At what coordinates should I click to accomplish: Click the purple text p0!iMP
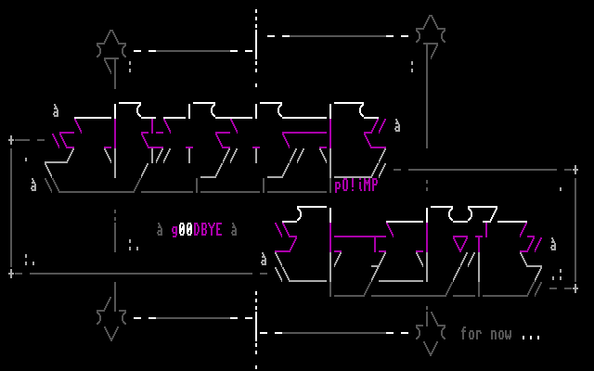coord(356,185)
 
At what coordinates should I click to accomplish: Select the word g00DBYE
coord(197,230)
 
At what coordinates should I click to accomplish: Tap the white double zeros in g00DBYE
coord(186,230)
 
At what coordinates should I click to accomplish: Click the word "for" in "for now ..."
coord(471,334)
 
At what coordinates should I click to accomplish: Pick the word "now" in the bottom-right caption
coord(500,334)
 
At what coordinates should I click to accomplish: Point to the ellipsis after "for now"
coord(531,336)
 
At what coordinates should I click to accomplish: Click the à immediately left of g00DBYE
coord(160,229)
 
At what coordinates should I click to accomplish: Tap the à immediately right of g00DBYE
coord(234,229)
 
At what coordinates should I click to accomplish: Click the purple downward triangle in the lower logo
coord(460,244)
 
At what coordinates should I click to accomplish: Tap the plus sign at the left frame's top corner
coord(11,140)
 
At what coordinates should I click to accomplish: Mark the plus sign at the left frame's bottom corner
coord(11,274)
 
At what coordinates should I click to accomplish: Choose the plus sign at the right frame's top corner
coord(575,170)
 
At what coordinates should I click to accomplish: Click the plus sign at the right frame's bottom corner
coord(575,288)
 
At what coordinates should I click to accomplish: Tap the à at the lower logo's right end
coord(553,245)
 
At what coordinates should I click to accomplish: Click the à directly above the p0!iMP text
coord(397,125)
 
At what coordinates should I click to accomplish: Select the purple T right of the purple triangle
coord(479,243)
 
